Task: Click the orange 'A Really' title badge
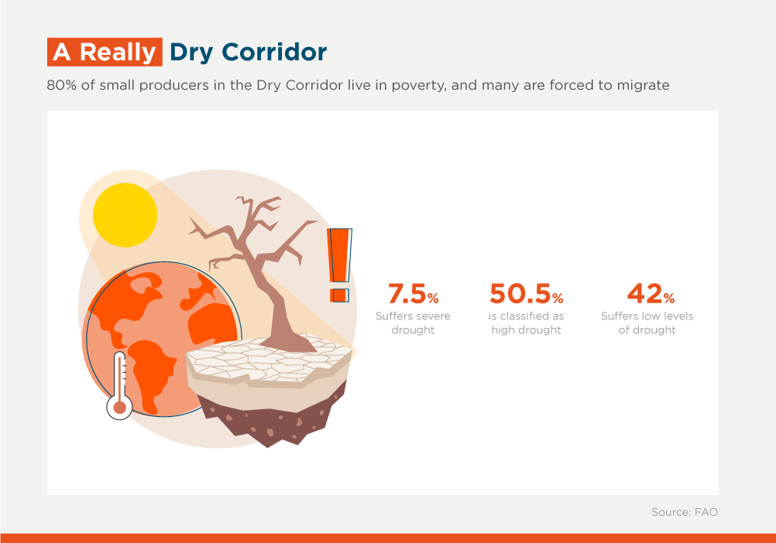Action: [105, 52]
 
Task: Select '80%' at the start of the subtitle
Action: [61, 85]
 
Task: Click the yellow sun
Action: [125, 215]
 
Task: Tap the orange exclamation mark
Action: [339, 265]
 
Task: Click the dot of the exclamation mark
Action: [339, 295]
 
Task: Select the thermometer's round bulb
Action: [120, 407]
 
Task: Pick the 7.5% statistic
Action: [414, 293]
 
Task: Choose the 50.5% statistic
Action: [527, 293]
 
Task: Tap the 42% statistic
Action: [651, 293]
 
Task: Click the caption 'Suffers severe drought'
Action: [414, 323]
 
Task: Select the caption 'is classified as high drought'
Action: [526, 323]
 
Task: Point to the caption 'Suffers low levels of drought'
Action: [647, 323]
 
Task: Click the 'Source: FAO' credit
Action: [685, 512]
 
